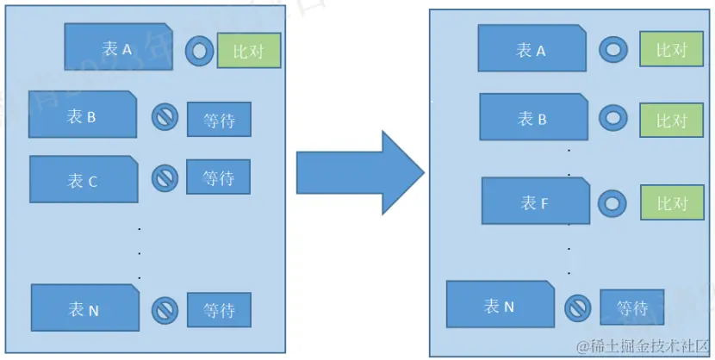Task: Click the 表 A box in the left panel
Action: tap(118, 48)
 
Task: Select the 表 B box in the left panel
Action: tap(83, 115)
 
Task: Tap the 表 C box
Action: tap(83, 180)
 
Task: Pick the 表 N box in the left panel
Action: tap(84, 309)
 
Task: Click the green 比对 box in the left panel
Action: tap(248, 51)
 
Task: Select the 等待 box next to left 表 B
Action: tap(219, 120)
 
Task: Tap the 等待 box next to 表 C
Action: tap(219, 177)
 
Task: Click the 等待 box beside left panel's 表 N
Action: tap(219, 310)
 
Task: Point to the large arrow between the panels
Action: tap(358, 173)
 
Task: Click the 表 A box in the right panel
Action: tap(532, 49)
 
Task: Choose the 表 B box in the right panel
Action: tap(532, 118)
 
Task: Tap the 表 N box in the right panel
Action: tap(500, 305)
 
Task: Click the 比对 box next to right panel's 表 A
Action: tap(671, 49)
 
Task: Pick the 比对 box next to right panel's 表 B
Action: tap(671, 119)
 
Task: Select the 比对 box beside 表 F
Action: tap(671, 203)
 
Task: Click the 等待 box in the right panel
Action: tap(632, 307)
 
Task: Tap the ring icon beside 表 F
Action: tap(612, 203)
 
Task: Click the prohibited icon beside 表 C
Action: tap(165, 178)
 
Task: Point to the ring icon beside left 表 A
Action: tap(199, 51)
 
